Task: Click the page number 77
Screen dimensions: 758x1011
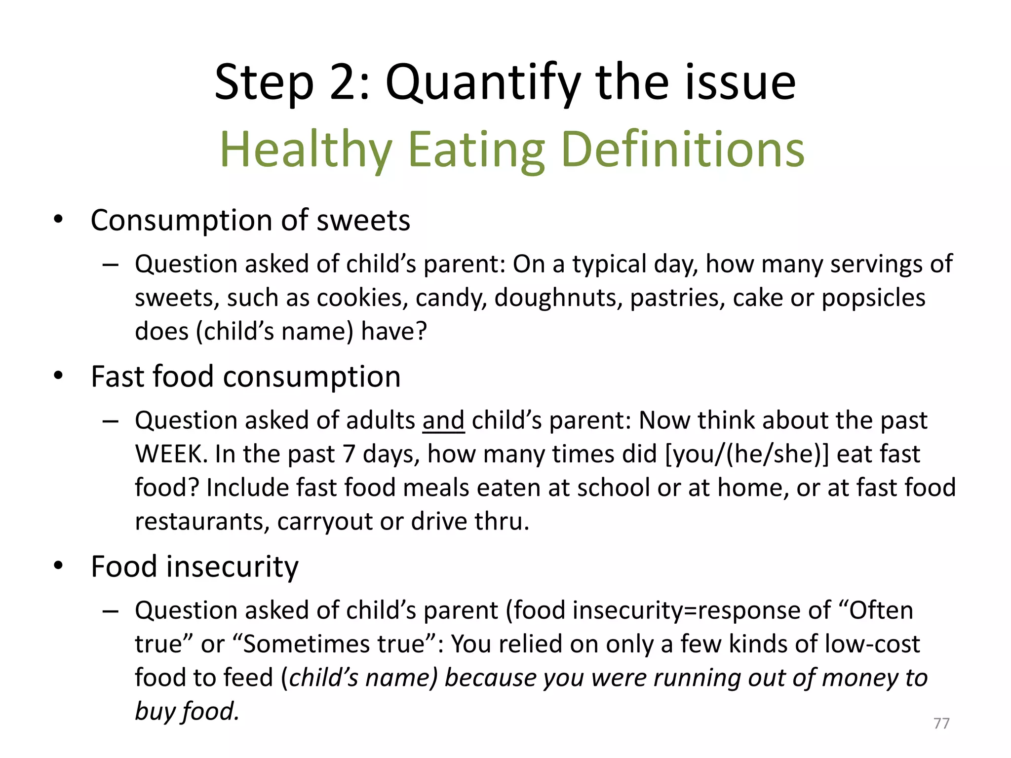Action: [941, 723]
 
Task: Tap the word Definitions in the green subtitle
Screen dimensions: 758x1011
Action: [683, 150]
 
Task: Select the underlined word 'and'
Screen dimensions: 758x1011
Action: [443, 421]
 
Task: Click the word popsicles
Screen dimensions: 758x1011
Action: [873, 298]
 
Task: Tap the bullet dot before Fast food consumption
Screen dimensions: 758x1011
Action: [59, 377]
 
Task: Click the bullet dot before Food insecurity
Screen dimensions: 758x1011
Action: [59, 566]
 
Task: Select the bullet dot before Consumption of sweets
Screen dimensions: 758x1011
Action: [59, 220]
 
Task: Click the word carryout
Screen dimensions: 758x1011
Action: [325, 522]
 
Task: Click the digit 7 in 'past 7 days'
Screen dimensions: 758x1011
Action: [349, 454]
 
